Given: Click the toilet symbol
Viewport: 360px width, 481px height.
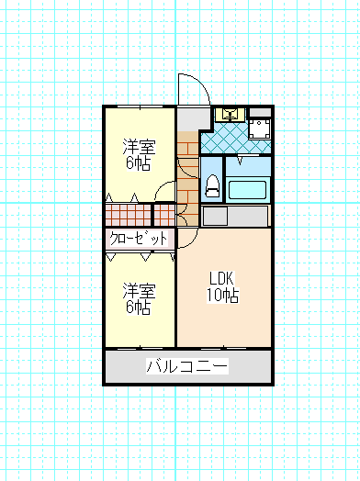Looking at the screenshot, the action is coord(212,186).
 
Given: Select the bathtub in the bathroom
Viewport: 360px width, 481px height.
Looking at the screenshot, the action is coord(247,190).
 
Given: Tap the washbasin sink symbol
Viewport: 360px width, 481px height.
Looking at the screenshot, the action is coord(230,115).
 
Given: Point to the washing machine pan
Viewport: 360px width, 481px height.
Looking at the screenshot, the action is coord(259,129).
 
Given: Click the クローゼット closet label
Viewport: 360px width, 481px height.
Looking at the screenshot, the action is coord(139,239).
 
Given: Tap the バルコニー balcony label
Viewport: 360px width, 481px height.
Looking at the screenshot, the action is coord(187,366).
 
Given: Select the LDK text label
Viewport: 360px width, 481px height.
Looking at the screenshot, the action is coord(222,278).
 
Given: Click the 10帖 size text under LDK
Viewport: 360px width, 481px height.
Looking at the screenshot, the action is coord(222,296).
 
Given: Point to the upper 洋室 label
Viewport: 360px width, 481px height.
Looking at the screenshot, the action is coord(139,147).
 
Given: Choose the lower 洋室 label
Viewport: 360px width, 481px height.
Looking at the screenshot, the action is coord(139,291).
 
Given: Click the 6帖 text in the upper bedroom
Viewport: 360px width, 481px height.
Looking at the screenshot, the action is coord(139,163).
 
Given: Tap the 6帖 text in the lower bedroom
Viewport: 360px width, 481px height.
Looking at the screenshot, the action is coord(139,308).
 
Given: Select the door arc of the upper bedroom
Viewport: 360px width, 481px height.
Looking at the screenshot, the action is coord(160,186).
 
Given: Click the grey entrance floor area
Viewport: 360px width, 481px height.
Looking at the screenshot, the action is coord(192,118).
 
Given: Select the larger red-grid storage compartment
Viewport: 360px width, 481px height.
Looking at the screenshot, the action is coord(129,215).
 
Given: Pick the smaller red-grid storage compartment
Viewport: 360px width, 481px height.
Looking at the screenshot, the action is coord(164,215).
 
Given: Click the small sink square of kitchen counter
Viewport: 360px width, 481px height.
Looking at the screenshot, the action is coord(216,216).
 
